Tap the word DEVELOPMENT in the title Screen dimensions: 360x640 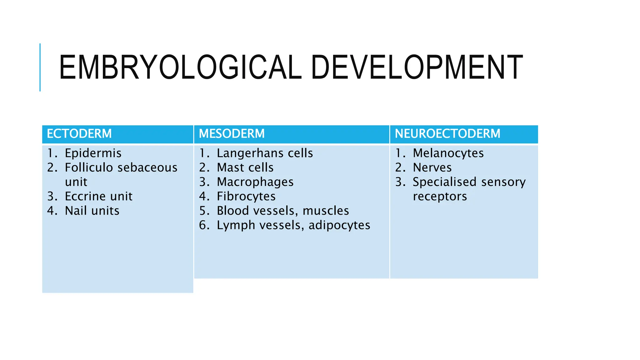click(417, 67)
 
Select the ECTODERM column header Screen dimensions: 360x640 click(79, 134)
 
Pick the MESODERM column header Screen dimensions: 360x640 click(232, 134)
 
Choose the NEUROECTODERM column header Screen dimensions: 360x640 click(447, 134)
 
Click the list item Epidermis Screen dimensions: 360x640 click(93, 153)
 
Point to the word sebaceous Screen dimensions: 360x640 click(148, 167)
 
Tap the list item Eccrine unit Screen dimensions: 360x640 click(98, 196)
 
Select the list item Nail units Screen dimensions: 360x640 click(92, 211)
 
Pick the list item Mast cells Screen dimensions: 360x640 click(245, 167)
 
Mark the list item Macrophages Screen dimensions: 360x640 click(255, 182)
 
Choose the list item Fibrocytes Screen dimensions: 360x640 click(246, 196)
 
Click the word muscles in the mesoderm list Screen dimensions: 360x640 click(326, 211)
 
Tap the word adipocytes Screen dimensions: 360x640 click(339, 225)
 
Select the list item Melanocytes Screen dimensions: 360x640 click(448, 153)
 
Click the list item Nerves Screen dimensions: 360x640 click(432, 167)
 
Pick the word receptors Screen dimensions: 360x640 click(440, 197)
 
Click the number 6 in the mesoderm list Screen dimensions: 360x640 click(204, 225)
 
